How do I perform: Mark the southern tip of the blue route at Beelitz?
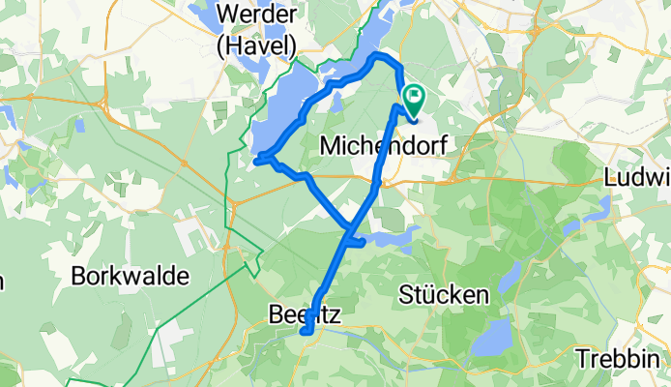coord(306,334)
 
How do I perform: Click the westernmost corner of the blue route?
coord(257,161)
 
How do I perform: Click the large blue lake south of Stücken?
coord(494,338)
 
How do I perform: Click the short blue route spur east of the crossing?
coord(357,242)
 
